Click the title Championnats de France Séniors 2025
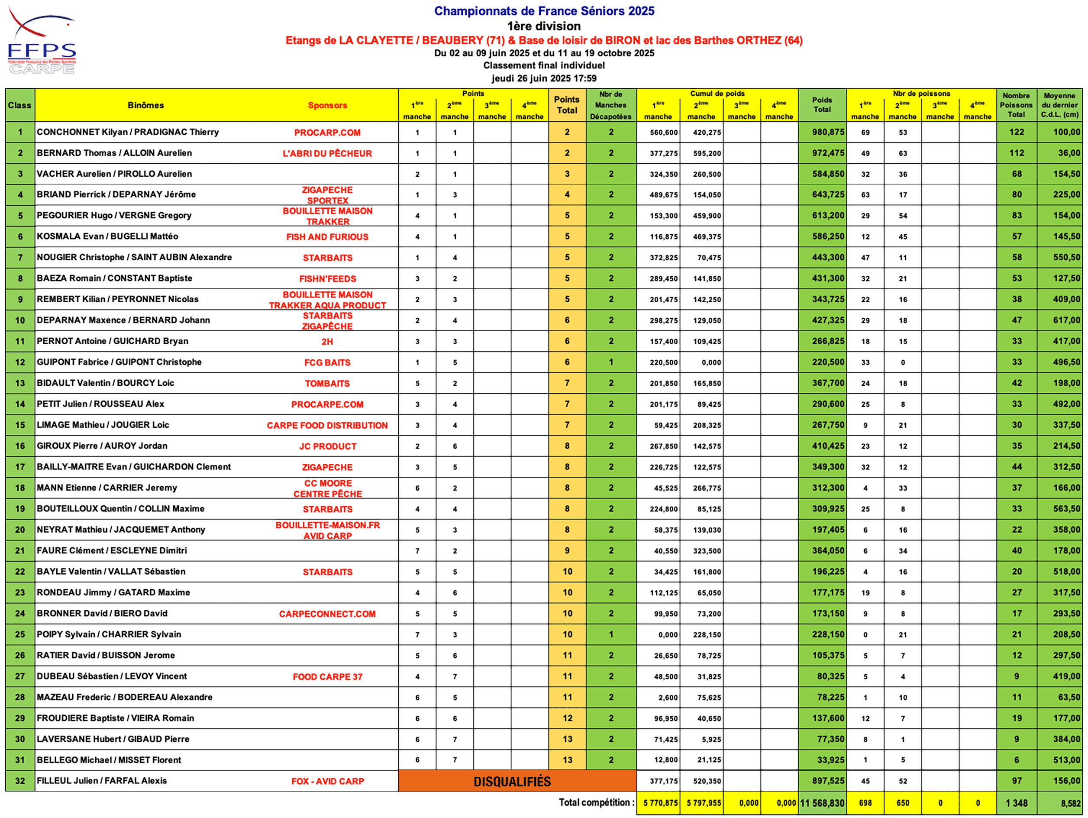point(544,11)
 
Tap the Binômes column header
point(145,105)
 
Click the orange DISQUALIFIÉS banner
point(512,781)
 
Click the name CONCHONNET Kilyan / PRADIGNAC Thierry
point(128,132)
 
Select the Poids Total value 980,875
point(828,132)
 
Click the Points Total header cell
point(567,105)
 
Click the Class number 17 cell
point(19,467)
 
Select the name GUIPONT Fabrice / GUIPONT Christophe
point(119,362)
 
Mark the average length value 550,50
point(1066,257)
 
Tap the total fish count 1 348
point(1016,803)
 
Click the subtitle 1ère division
point(544,26)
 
